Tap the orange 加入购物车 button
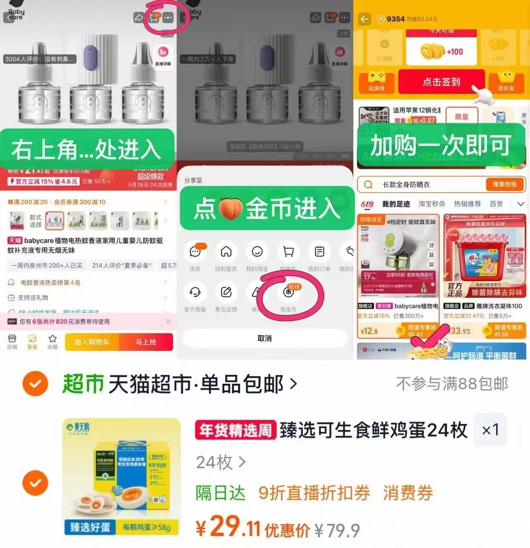tap(92, 342)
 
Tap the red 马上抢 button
tap(146, 342)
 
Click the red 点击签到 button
tap(441, 82)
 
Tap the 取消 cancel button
tap(265, 338)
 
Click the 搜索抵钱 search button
tap(504, 184)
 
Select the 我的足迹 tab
tap(396, 204)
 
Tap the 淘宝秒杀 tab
tap(431, 204)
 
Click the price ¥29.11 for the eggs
tap(228, 527)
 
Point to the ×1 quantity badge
tap(490, 430)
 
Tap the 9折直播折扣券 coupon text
tap(314, 493)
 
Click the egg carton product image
tap(122, 476)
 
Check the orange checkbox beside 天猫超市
tap(35, 384)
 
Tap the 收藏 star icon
tap(53, 341)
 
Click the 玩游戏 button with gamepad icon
tap(376, 82)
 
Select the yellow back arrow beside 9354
tap(364, 19)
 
